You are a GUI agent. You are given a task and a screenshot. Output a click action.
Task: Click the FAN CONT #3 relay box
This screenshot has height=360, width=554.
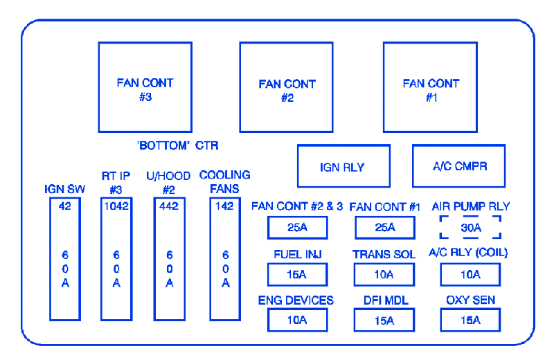coord(145,87)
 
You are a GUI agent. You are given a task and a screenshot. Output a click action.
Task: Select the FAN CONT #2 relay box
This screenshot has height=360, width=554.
coord(287,88)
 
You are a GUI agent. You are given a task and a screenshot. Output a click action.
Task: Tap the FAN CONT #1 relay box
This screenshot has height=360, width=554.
coord(431,87)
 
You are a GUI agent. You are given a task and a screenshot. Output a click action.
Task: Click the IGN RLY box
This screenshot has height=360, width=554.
coord(342,166)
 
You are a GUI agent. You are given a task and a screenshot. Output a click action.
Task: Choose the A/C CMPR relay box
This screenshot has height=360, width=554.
coord(458,166)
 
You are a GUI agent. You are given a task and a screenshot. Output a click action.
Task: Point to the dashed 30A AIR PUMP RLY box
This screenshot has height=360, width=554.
coord(470,226)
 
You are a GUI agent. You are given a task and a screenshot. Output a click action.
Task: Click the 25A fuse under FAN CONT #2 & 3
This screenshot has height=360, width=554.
coord(296,227)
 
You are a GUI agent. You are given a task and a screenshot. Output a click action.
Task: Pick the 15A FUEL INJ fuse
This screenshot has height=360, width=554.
coord(296,274)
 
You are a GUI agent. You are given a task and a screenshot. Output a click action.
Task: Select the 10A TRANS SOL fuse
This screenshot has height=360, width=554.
coord(384,274)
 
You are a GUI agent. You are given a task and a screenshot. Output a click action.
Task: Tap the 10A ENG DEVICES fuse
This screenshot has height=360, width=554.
coord(296,320)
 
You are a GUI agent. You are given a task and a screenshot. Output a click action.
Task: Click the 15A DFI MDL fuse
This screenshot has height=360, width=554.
coord(384,320)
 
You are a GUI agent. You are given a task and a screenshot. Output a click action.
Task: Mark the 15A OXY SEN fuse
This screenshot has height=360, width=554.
coord(470,320)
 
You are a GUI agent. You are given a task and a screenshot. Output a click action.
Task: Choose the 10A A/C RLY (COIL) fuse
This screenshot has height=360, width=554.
coord(470,274)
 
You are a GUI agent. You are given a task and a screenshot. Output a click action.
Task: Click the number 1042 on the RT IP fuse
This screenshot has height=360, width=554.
coord(116,206)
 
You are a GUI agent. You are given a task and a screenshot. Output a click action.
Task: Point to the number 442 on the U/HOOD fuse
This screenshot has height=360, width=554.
coord(169,206)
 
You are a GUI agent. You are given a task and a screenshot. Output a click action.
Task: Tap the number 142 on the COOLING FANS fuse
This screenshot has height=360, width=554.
coord(224,206)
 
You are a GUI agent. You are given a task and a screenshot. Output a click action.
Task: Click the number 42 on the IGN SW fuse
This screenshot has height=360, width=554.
coord(64,206)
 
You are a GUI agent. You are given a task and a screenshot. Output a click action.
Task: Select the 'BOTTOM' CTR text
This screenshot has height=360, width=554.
coord(177,145)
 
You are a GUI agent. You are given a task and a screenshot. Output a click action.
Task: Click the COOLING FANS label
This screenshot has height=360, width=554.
coord(225,181)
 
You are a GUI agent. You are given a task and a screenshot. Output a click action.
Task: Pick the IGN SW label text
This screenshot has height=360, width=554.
coord(64,188)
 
